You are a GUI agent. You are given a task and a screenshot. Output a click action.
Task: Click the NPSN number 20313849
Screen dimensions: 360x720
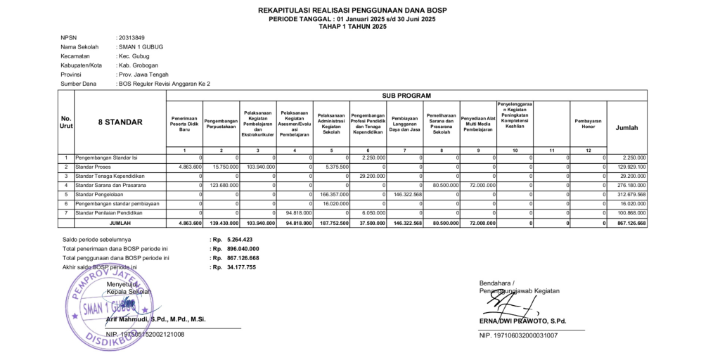pyautogui.click(x=131, y=37)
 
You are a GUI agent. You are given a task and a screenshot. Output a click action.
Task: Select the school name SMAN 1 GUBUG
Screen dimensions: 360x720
pyautogui.click(x=141, y=46)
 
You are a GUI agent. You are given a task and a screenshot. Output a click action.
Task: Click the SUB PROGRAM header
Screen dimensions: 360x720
pyautogui.click(x=406, y=96)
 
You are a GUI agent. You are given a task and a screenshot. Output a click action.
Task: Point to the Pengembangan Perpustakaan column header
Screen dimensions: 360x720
pyautogui.click(x=221, y=122)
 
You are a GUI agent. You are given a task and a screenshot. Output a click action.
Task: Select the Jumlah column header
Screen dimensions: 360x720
pyautogui.click(x=626, y=128)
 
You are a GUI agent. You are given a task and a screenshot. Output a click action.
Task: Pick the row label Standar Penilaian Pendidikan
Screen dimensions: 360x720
pyautogui.click(x=109, y=212)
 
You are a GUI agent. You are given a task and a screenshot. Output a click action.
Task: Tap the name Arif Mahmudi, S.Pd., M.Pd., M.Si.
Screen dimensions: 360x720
pyautogui.click(x=155, y=319)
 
